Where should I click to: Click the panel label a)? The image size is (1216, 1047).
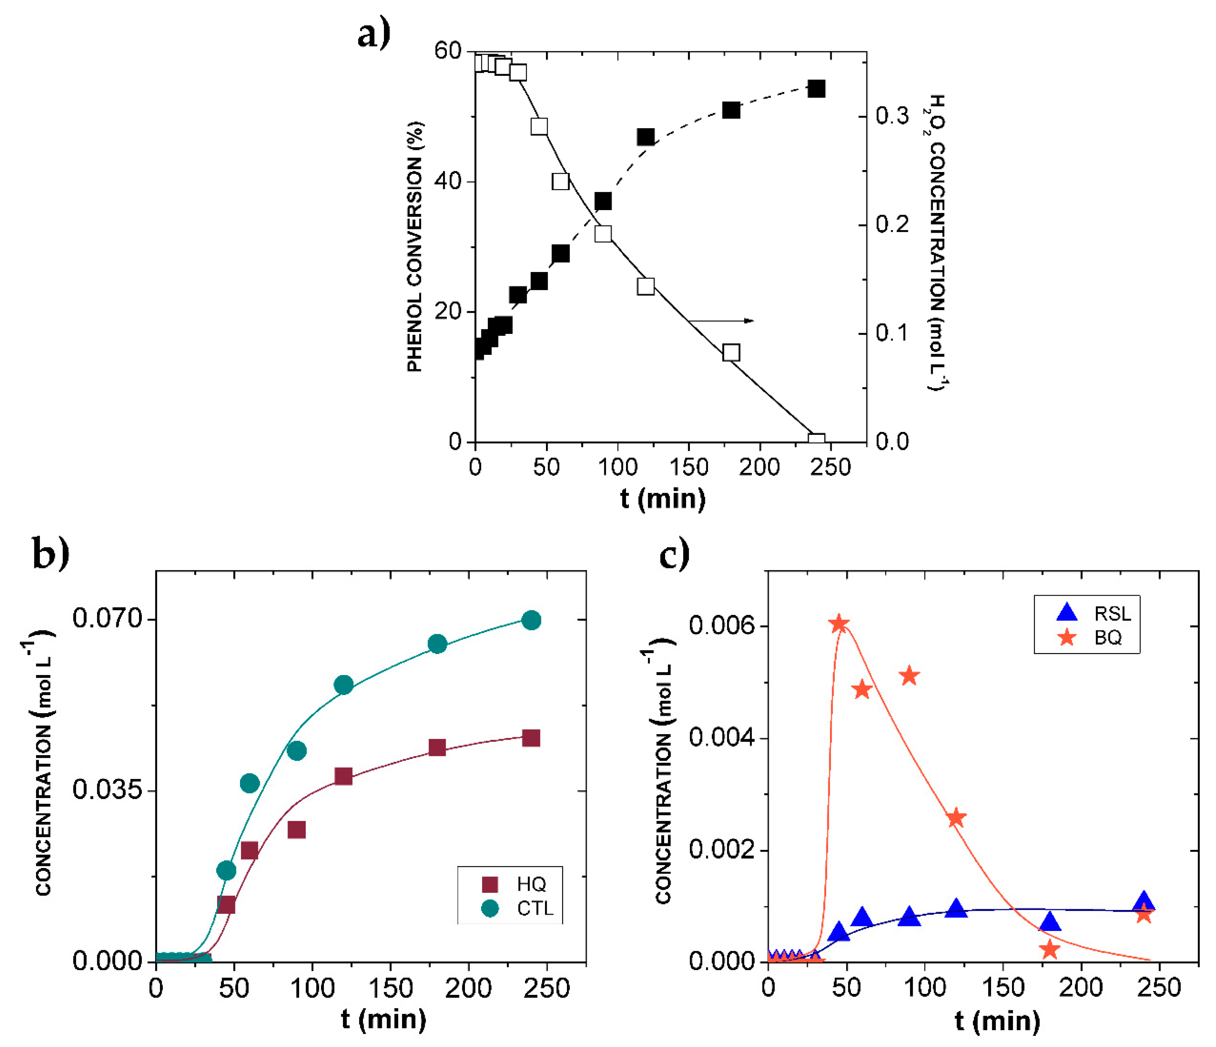click(x=374, y=34)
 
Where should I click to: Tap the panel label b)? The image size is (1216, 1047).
click(x=50, y=553)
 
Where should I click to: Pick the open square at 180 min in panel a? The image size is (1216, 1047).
click(x=731, y=352)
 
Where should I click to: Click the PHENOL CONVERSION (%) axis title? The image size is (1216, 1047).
click(x=414, y=246)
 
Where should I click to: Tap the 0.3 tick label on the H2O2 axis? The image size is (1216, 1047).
click(x=892, y=116)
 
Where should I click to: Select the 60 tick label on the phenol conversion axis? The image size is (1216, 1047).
click(x=448, y=51)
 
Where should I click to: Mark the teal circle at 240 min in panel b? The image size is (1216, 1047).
click(x=531, y=620)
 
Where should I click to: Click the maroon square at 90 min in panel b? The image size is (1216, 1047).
click(x=296, y=830)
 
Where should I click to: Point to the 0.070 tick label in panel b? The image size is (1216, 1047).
click(x=107, y=618)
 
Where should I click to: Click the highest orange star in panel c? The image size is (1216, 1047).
click(x=839, y=624)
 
